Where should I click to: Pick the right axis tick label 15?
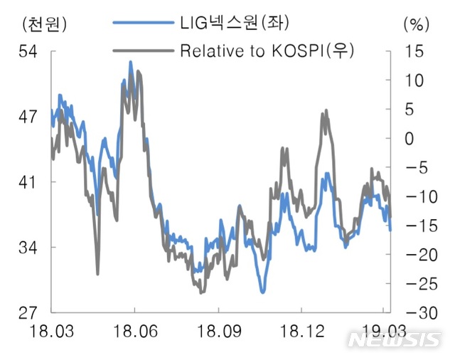point(413,52)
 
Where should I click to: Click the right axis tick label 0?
point(409,139)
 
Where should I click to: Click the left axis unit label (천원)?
point(45,23)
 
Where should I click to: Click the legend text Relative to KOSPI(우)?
point(267,51)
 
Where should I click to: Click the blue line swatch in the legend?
point(142,24)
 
